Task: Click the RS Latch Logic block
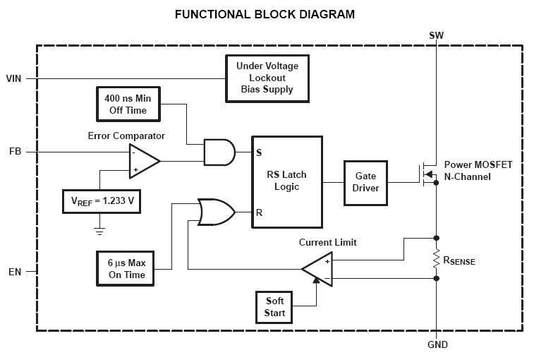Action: pos(287,181)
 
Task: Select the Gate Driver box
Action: pos(365,181)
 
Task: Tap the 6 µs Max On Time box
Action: pos(127,269)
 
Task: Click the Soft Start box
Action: pos(274,306)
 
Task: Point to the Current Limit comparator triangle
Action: pos(317,269)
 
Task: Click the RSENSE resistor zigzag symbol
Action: pos(437,259)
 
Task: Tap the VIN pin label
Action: pos(14,78)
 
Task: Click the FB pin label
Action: pos(15,151)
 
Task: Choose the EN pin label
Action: pos(15,270)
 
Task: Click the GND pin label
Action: pos(437,345)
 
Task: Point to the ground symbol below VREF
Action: pos(99,230)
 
